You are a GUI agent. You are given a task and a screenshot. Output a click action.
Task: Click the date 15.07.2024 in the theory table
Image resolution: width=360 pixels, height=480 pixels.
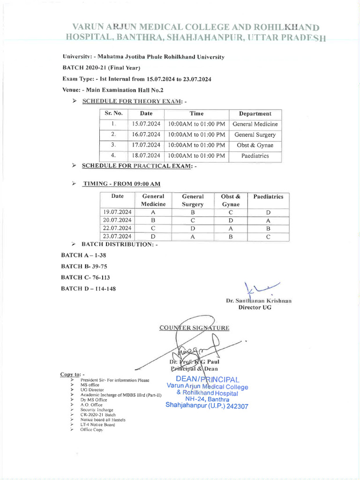[x=146, y=124]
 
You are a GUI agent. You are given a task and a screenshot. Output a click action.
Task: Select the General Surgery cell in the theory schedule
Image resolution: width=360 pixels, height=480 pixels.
[x=255, y=135]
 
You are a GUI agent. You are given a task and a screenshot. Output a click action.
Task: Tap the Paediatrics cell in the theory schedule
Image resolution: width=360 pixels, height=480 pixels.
[x=255, y=156]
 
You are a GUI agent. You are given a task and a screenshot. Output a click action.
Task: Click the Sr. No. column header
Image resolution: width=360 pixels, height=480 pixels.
[x=113, y=113]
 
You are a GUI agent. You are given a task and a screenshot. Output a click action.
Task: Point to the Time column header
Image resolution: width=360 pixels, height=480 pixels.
[x=196, y=113]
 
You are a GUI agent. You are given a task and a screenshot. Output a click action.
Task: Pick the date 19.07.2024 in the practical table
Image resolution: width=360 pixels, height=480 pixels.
[x=117, y=212]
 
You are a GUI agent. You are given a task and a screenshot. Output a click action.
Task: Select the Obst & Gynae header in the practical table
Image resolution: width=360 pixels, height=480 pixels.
[x=231, y=200]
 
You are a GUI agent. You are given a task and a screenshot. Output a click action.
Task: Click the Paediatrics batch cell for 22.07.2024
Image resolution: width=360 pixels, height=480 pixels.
[x=268, y=228]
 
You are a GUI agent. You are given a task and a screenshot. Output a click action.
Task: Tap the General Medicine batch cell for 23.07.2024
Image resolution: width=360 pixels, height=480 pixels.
[x=153, y=237]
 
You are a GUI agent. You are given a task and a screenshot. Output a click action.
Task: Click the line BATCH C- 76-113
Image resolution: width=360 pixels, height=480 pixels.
[x=85, y=277]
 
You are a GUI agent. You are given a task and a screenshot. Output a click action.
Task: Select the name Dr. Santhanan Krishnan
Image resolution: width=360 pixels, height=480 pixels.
[x=258, y=300]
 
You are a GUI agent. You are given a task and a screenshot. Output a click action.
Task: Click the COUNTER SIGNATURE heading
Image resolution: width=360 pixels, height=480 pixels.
[x=194, y=328]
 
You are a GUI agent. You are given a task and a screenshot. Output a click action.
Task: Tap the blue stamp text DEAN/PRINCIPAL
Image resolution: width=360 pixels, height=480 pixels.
[x=207, y=379]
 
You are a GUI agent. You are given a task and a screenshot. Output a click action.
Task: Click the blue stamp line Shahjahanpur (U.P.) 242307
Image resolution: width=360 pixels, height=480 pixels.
[x=207, y=406]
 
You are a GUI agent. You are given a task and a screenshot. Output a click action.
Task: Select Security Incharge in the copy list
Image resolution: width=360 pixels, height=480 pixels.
[x=97, y=410]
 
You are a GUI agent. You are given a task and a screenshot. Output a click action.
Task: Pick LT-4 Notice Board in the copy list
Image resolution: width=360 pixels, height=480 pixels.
[x=97, y=425]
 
